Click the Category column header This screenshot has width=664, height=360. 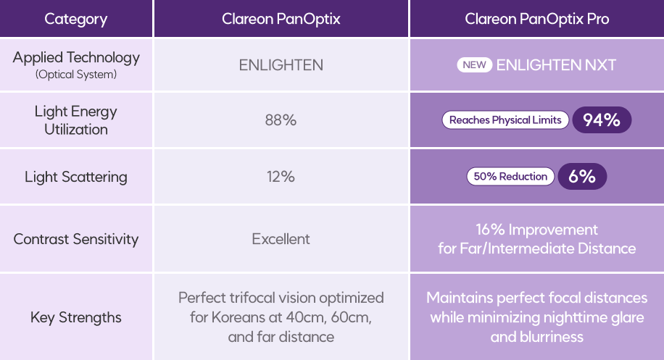(76, 19)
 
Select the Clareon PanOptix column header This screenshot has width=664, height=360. (281, 19)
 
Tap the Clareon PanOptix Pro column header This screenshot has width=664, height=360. (536, 19)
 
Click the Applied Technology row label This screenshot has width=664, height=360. (76, 58)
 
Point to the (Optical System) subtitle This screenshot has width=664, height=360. (76, 75)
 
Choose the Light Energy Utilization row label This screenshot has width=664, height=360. (76, 120)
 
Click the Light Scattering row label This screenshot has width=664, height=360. (76, 177)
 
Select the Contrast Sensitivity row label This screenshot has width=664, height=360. (76, 239)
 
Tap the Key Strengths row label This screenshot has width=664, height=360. (76, 317)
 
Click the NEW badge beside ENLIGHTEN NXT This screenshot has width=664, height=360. (473, 65)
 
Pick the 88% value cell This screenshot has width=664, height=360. (281, 120)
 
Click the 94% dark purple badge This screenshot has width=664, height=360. (602, 120)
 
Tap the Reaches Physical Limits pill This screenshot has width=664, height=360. (505, 120)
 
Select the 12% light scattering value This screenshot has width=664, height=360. (281, 177)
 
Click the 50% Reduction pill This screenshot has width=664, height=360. (510, 177)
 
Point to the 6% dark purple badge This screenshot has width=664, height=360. (582, 177)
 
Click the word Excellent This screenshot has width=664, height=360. (281, 239)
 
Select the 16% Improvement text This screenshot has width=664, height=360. (536, 230)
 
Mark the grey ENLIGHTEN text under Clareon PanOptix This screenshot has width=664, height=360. (281, 65)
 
